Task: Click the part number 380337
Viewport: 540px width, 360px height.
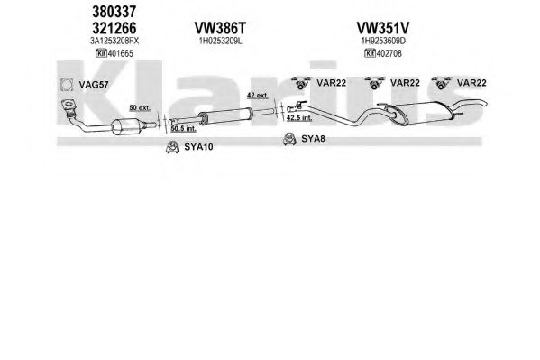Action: [x=114, y=12]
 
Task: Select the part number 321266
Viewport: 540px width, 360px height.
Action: [x=114, y=28]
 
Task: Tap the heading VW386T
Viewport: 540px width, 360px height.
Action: [x=220, y=28]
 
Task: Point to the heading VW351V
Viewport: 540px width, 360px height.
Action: [x=382, y=28]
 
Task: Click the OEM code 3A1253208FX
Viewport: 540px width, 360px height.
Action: [x=114, y=41]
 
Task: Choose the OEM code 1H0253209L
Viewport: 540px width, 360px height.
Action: [x=220, y=41]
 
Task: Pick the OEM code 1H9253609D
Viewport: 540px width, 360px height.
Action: [x=383, y=41]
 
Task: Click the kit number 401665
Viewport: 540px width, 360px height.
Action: [x=120, y=53]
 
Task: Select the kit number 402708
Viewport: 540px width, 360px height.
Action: [x=389, y=53]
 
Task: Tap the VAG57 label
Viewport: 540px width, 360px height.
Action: [x=94, y=85]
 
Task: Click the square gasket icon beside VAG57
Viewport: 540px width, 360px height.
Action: [x=67, y=85]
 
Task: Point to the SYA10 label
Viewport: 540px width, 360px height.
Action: [x=198, y=147]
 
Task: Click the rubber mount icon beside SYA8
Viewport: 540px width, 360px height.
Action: [x=289, y=139]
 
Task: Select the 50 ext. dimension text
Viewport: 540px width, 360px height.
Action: [x=140, y=107]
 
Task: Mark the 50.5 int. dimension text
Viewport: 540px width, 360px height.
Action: [x=183, y=129]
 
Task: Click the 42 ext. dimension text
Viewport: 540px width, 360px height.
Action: [x=258, y=95]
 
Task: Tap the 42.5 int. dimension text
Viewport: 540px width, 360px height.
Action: [x=299, y=117]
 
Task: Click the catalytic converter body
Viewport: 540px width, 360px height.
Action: [x=126, y=127]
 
